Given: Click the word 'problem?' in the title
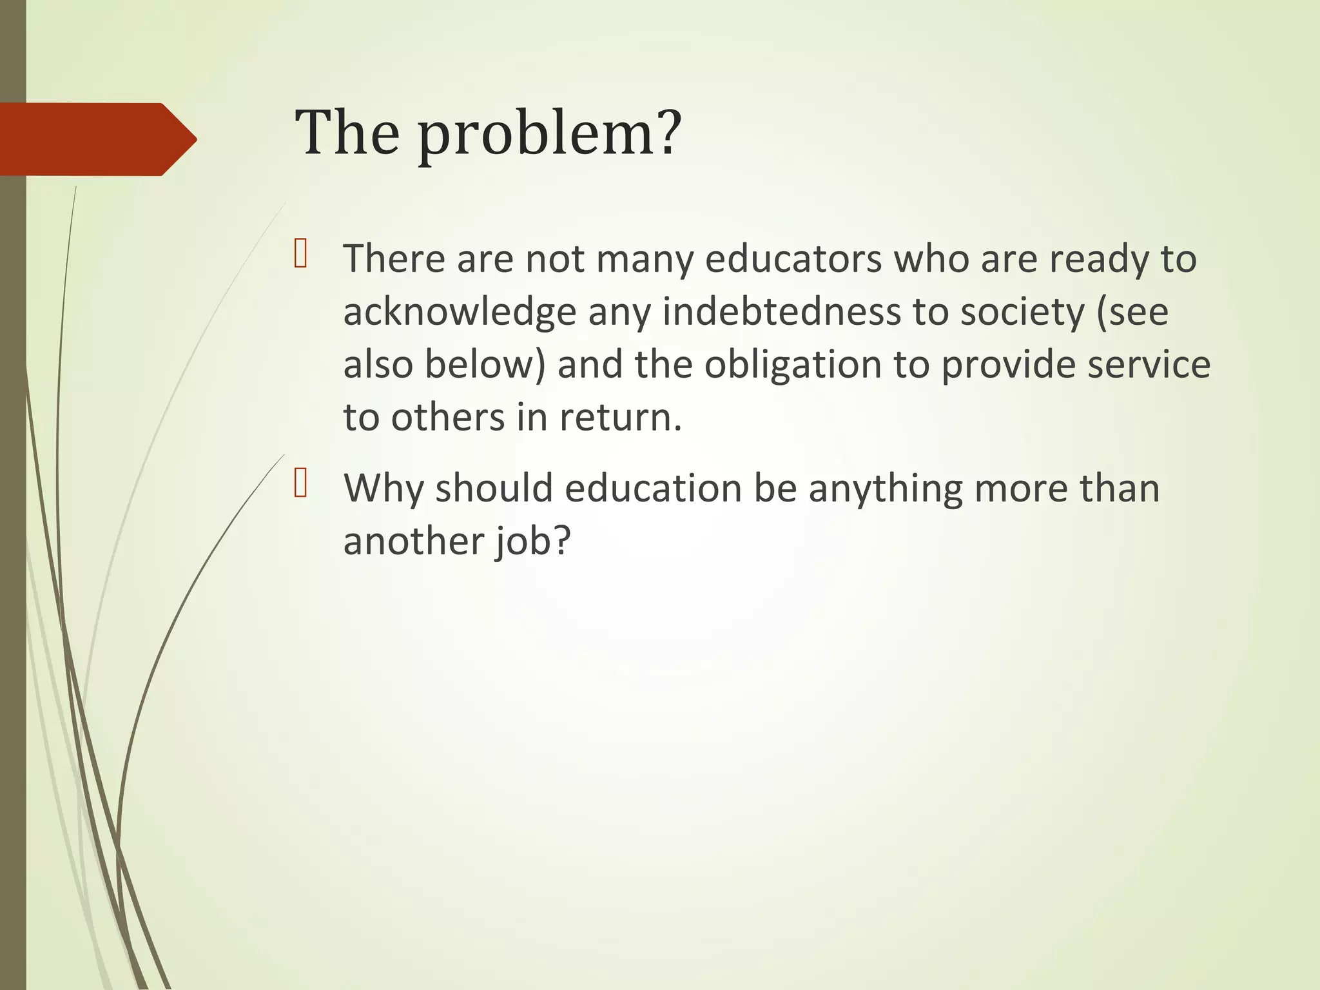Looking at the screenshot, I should [549, 133].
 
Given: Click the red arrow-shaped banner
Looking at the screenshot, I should [97, 139].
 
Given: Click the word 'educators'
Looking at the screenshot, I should [793, 259].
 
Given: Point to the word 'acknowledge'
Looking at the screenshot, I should [460, 313].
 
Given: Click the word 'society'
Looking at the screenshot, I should [1023, 312].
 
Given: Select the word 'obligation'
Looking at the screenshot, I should [793, 365].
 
